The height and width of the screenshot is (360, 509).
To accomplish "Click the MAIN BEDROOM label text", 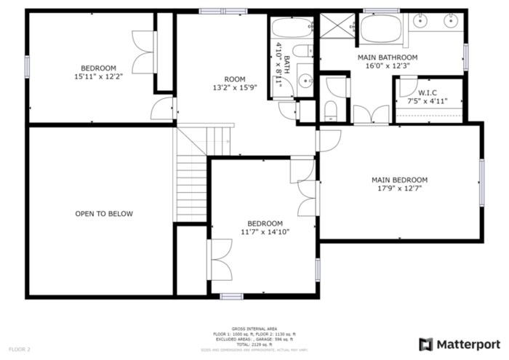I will [399, 180].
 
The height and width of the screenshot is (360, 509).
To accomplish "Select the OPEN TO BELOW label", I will [104, 214].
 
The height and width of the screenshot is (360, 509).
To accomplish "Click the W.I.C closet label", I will [427, 92].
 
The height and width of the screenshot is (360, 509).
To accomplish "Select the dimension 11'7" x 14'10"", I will [265, 232].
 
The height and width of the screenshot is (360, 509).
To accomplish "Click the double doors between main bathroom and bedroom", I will [371, 116].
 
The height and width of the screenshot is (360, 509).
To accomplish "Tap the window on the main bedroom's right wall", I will [481, 180].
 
